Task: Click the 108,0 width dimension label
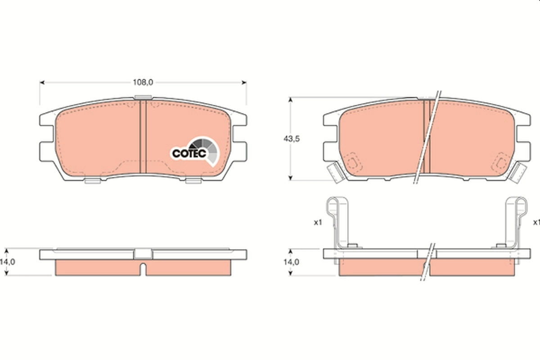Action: pos(143,82)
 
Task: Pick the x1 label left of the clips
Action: pos(318,222)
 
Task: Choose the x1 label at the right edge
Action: pos(535,222)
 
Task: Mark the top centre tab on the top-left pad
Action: pos(143,97)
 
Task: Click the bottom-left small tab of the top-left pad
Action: pos(92,181)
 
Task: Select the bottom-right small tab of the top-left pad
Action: pos(193,181)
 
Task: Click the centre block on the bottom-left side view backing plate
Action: pos(143,254)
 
